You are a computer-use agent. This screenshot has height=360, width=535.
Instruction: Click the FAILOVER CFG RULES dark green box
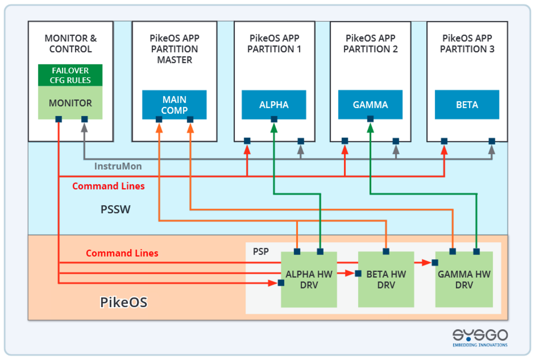[70, 75]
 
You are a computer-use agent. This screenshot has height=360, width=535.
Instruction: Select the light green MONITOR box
[70, 103]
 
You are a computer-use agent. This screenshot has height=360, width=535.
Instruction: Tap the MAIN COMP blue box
[174, 105]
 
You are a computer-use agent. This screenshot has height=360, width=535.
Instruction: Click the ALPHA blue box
[274, 105]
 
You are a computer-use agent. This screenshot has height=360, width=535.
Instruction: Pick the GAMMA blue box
[370, 105]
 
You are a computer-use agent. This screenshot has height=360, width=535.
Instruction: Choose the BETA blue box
[467, 105]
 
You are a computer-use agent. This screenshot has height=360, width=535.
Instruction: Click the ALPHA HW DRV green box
[309, 280]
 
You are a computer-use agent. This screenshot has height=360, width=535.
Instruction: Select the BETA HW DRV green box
[386, 280]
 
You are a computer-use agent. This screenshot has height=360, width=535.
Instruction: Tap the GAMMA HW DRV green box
[464, 280]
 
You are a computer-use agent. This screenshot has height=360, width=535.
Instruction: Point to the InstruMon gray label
[118, 166]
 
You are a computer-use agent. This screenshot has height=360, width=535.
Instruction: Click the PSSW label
[115, 209]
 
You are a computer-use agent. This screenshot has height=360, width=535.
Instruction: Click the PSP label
[261, 252]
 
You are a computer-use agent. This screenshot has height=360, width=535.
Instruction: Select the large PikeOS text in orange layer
[123, 302]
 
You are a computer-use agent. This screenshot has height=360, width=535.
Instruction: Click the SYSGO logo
[480, 337]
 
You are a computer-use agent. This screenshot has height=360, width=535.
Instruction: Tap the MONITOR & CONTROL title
[71, 44]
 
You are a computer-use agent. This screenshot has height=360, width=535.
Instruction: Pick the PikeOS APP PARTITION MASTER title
[175, 49]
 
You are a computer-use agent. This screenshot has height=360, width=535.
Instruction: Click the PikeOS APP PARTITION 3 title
[467, 44]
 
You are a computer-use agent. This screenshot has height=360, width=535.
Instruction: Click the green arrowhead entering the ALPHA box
[274, 128]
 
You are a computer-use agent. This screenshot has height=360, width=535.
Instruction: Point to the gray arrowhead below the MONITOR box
[84, 128]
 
